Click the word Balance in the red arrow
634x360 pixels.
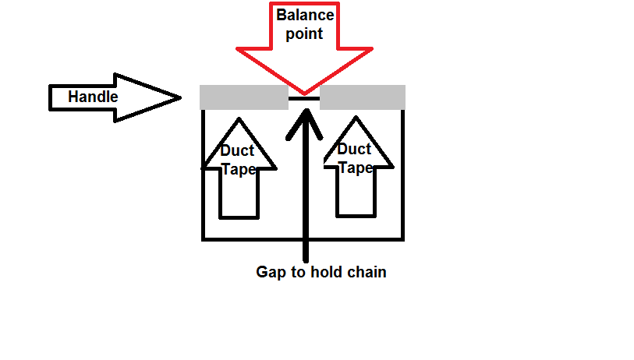[x=304, y=14]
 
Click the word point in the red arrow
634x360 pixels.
[x=304, y=34]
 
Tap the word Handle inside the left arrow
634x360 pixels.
[x=93, y=97]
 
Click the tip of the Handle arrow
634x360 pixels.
[x=179, y=97]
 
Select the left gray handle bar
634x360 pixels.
[x=244, y=97]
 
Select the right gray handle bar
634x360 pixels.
[x=363, y=97]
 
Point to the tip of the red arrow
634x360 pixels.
[x=304, y=93]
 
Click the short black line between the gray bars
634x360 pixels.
[x=304, y=99]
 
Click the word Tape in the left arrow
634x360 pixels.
[x=239, y=168]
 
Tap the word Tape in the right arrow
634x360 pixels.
[x=355, y=167]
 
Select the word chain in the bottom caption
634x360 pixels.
[x=367, y=273]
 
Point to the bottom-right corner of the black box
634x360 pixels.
[x=402, y=238]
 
